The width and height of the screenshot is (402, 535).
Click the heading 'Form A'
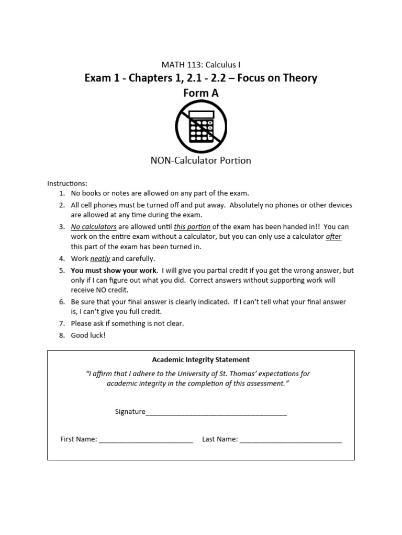point(201,92)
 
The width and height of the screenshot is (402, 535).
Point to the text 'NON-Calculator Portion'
point(201,160)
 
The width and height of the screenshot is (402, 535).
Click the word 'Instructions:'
point(68,183)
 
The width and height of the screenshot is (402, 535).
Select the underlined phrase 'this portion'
point(192,227)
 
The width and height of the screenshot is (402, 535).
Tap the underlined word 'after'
point(333,237)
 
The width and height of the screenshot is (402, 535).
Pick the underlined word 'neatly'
point(100,259)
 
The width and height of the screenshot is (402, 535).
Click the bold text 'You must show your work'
point(114,270)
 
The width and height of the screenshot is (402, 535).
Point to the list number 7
point(61,323)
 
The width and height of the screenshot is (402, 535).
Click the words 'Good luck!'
point(88,335)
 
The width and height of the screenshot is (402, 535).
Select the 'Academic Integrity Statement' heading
point(201,359)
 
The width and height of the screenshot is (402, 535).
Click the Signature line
point(216,413)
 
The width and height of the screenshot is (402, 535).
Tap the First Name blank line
point(146,440)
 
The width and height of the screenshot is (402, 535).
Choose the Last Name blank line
point(291,440)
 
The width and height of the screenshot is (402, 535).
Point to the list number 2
point(61,205)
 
